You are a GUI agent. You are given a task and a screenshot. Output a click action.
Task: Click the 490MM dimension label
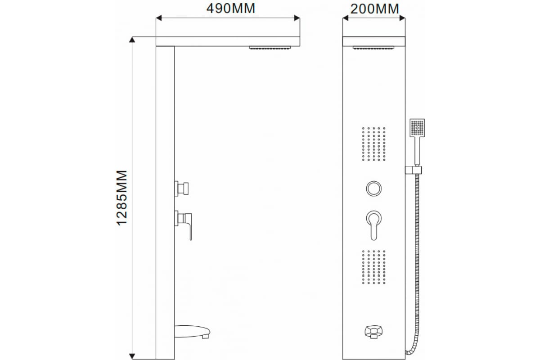230,9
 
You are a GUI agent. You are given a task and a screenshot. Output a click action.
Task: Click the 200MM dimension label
374,9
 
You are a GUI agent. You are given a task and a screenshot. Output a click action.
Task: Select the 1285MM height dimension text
122,198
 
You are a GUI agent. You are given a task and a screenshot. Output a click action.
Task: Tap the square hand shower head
417,128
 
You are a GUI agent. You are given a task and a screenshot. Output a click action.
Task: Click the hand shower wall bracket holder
413,170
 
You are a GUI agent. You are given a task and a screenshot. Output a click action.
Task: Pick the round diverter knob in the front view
373,189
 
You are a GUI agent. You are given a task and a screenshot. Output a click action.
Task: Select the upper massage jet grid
373,144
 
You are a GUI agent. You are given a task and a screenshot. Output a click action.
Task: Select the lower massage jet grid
373,267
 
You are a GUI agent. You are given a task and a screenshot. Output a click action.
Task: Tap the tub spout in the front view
373,332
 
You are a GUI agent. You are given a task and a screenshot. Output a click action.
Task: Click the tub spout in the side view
192,332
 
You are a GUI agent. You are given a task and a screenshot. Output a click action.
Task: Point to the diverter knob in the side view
181,189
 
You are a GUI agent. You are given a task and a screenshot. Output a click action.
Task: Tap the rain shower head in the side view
270,48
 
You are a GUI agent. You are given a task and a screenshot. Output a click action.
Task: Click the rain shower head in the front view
373,48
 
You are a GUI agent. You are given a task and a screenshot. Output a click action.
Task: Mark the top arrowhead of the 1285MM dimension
132,40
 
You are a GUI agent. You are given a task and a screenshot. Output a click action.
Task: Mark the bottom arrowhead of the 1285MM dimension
132,356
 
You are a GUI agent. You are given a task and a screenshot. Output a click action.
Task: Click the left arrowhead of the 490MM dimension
158,18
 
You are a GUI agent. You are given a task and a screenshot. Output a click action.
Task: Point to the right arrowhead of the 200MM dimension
402,18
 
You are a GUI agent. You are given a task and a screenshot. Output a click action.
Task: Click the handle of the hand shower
417,152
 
